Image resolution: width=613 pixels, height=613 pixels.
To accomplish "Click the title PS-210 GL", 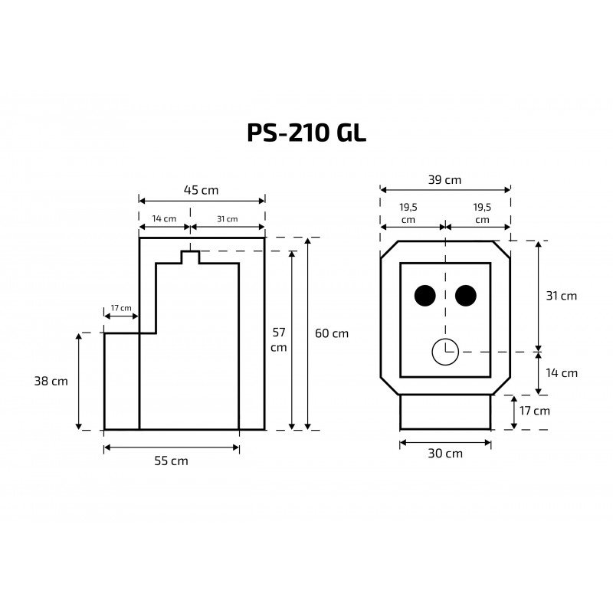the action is [x=306, y=133].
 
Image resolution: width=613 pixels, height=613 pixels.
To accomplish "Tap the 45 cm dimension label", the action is [x=201, y=190].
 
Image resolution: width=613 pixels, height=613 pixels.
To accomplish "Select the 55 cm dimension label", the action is [x=171, y=461].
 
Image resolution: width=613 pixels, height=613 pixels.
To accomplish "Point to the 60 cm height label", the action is [x=332, y=333].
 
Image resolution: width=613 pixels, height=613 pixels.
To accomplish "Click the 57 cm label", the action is [x=279, y=339].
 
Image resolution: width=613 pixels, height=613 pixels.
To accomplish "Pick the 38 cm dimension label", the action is [x=51, y=381].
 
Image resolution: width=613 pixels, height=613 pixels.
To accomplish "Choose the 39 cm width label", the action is [x=445, y=180].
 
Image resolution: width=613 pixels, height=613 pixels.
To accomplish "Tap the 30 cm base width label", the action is [x=445, y=454].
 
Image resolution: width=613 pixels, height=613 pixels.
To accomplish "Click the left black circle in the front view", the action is [x=425, y=296].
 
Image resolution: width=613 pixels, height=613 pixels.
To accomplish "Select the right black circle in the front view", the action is [x=466, y=296].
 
